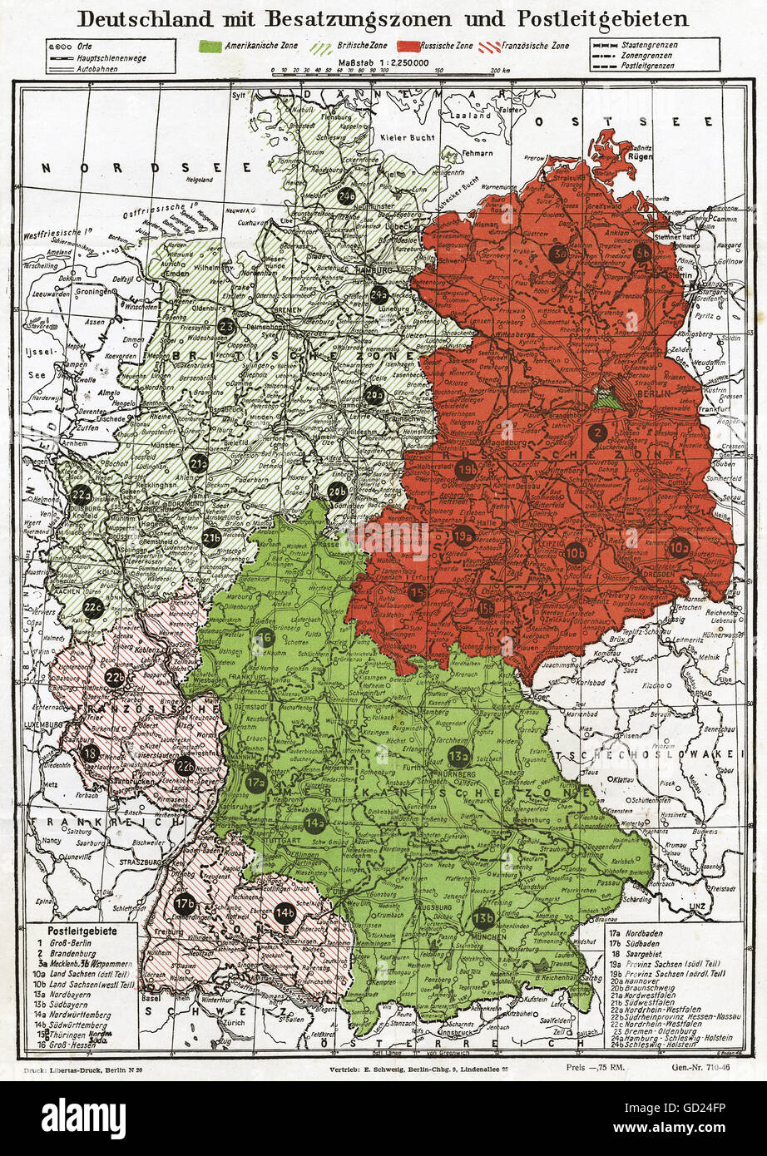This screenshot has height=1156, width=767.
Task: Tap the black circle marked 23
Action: click(225, 327)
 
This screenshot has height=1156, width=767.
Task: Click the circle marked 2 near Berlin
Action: click(596, 432)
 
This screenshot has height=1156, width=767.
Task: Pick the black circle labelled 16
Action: click(265, 638)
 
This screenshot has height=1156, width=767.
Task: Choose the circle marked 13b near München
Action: click(483, 917)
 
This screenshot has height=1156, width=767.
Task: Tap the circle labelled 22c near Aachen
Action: click(93, 606)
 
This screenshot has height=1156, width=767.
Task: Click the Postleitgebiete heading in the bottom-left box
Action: click(82, 931)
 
